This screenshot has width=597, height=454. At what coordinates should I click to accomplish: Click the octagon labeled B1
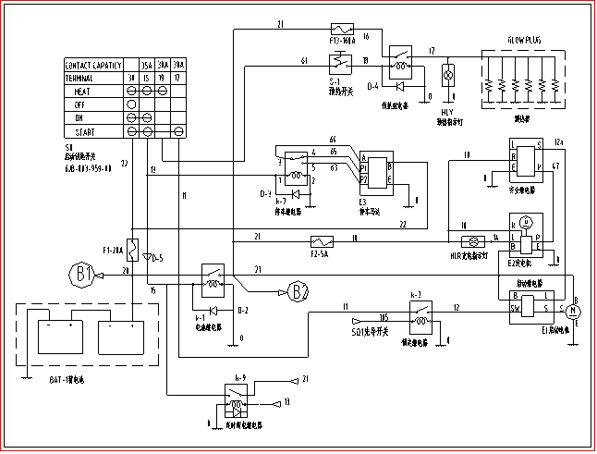84,274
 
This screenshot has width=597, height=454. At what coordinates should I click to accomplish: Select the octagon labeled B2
298,292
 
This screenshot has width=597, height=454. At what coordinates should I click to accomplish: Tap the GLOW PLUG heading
522,41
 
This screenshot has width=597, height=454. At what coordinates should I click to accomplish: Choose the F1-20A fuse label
113,251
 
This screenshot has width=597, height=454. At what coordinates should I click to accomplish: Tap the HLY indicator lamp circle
450,72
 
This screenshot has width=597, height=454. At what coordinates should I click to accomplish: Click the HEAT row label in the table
82,92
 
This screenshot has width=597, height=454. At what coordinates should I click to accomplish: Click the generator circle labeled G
526,222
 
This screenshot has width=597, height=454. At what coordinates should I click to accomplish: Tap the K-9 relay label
239,377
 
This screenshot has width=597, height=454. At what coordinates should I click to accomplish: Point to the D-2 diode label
243,309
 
